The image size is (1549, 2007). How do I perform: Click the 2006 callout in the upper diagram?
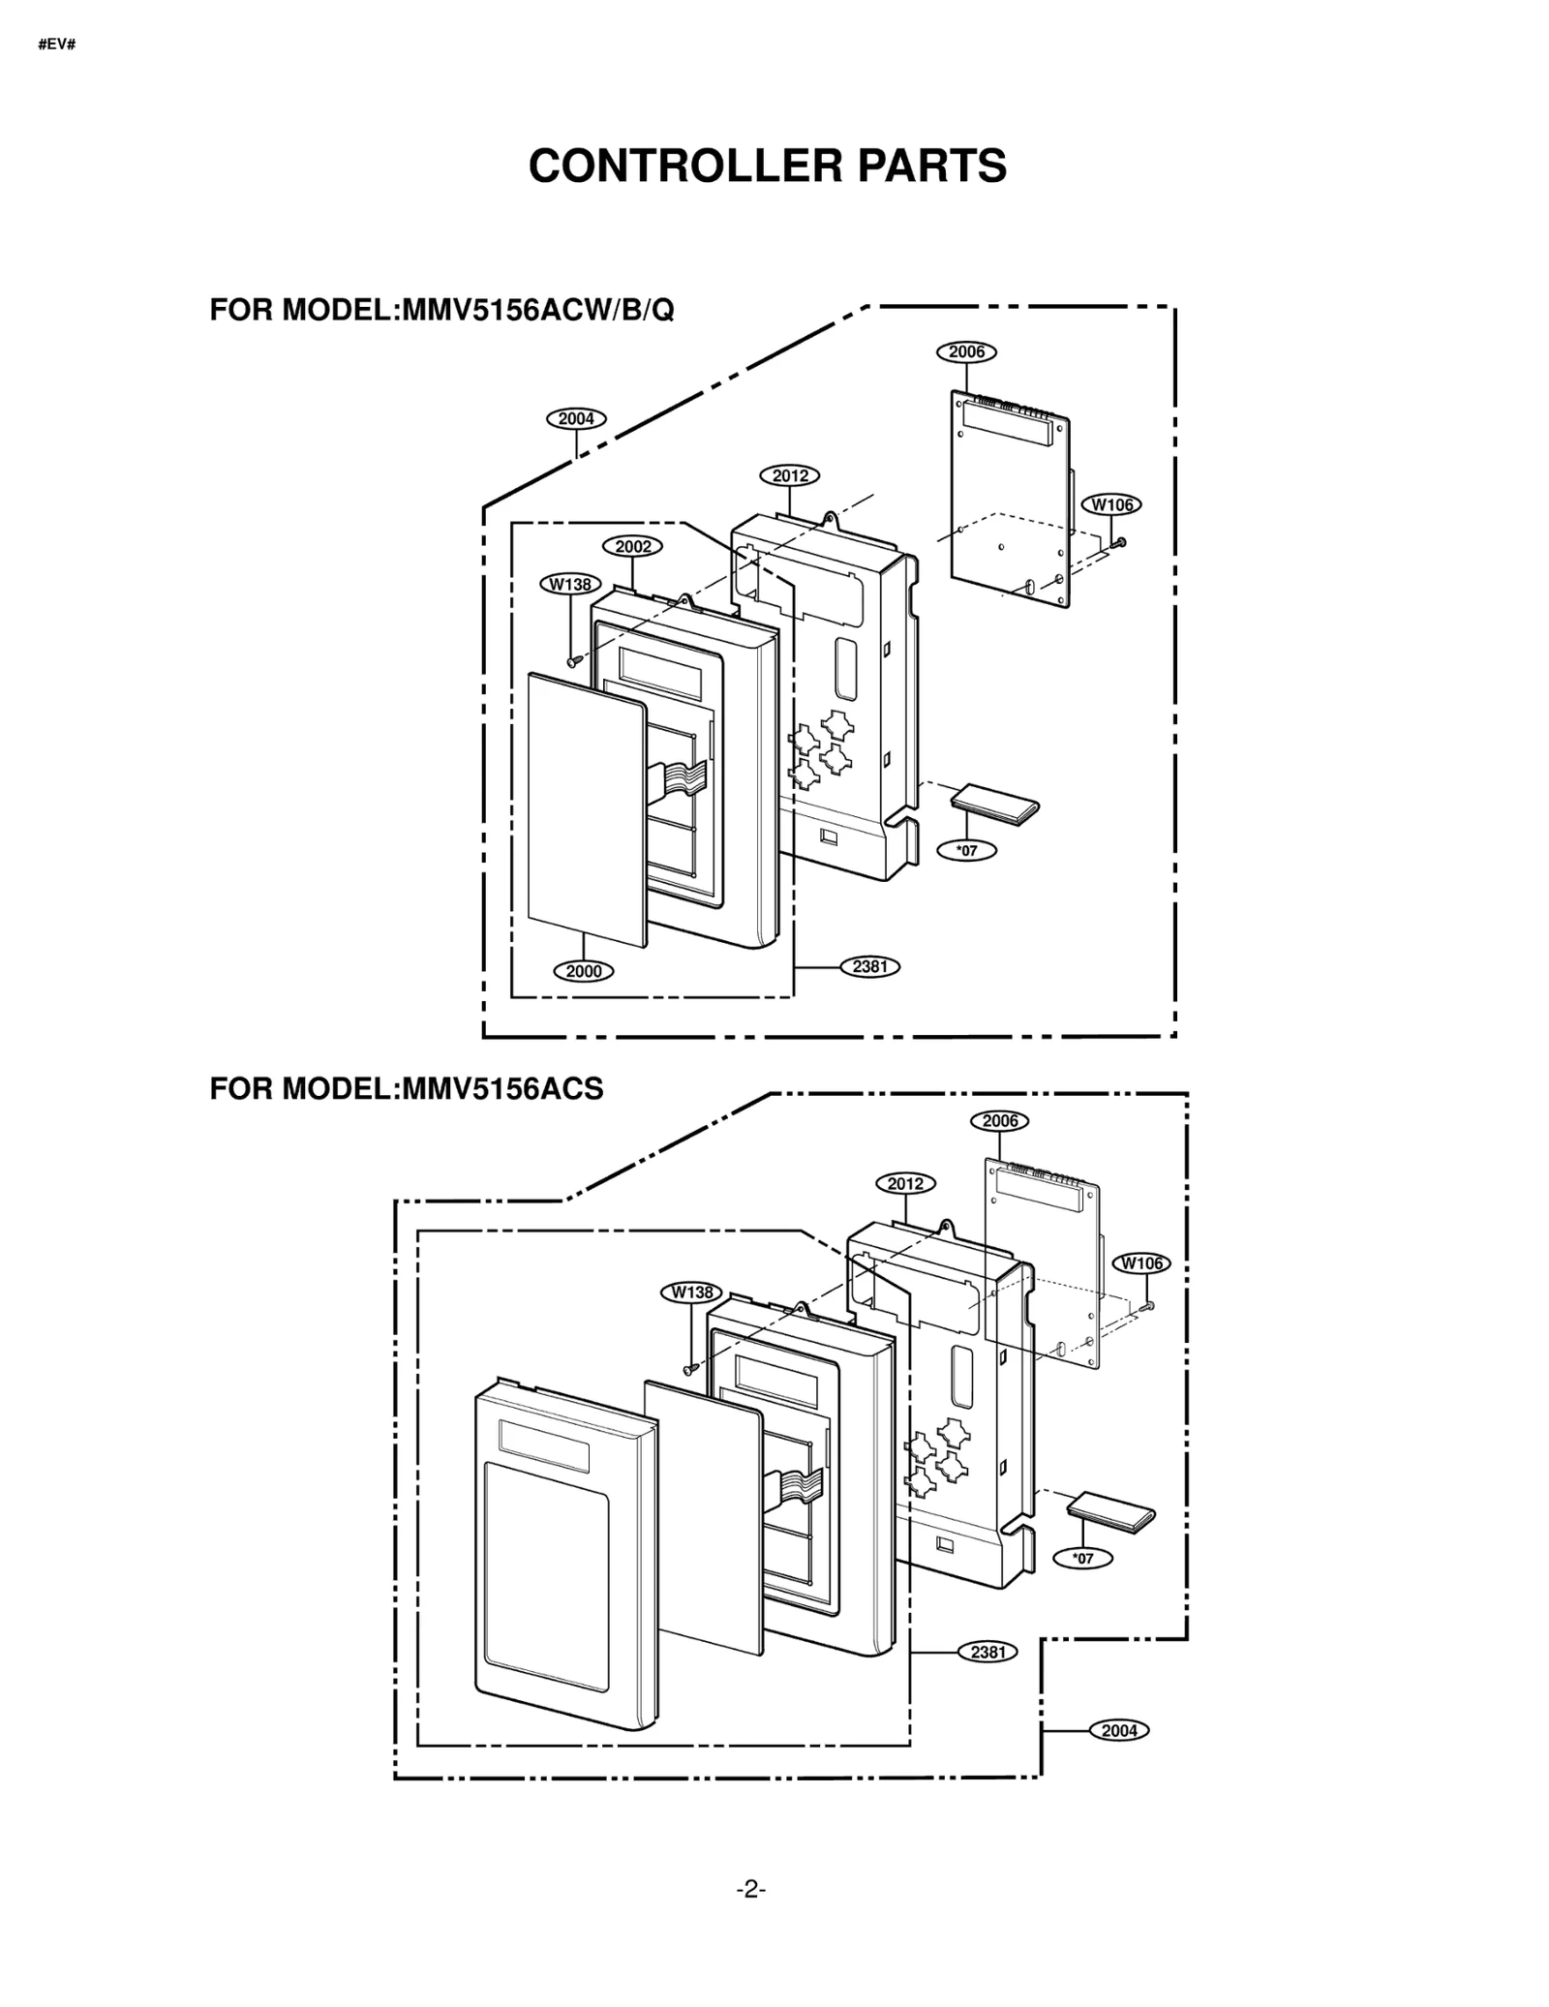(x=965, y=352)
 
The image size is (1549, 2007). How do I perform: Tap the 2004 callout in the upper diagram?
(x=576, y=419)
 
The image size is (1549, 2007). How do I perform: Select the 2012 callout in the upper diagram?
(x=790, y=475)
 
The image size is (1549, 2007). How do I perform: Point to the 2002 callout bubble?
(x=633, y=546)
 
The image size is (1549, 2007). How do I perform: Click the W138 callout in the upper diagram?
(x=570, y=584)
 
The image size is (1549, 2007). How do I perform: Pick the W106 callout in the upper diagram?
(x=1111, y=504)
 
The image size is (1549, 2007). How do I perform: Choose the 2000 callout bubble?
(x=584, y=971)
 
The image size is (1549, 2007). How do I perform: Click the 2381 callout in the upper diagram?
(x=869, y=966)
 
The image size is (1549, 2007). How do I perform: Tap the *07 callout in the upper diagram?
(x=966, y=851)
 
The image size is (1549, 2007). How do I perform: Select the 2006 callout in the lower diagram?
(x=999, y=1121)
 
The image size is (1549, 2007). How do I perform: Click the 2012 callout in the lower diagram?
(x=905, y=1183)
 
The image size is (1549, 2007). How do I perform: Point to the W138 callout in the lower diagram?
(x=691, y=1292)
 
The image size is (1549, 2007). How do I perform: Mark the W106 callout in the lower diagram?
(x=1141, y=1263)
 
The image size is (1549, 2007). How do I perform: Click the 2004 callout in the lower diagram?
(x=1119, y=1730)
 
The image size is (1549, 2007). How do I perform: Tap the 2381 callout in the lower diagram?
(x=987, y=1652)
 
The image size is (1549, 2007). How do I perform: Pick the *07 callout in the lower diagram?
(x=1083, y=1559)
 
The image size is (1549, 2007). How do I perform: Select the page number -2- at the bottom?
(x=750, y=1888)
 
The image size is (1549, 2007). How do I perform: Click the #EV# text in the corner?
(x=57, y=45)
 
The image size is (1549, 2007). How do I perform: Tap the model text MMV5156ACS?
(x=502, y=1089)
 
